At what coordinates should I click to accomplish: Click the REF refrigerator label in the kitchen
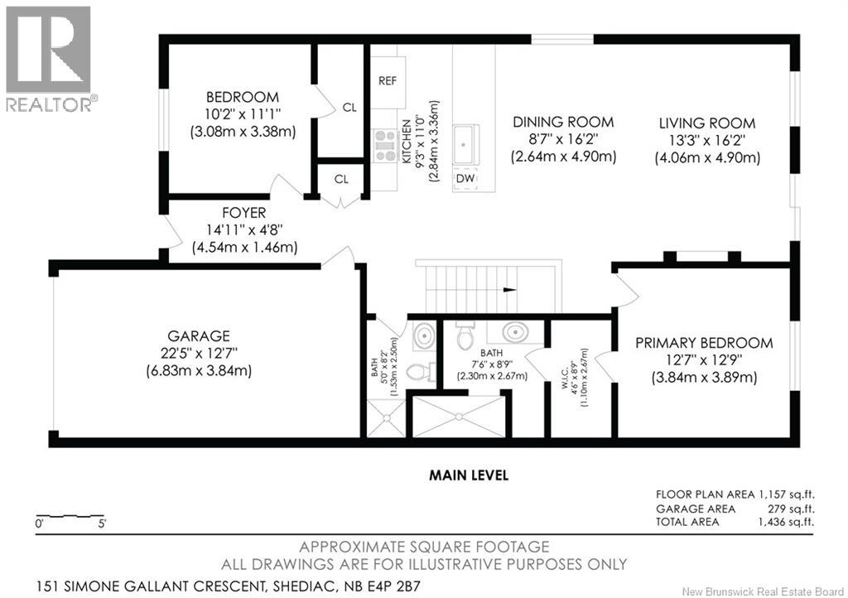coord(388,80)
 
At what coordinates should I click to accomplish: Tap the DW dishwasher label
coord(465,178)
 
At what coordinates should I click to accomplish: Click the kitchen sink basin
coord(465,144)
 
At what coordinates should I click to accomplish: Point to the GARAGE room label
coord(199,335)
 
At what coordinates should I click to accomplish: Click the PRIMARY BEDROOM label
coord(704,343)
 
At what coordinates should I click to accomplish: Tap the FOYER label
coord(244,213)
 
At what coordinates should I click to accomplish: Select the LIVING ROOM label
coord(707,123)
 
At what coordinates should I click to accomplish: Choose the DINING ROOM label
coord(563,122)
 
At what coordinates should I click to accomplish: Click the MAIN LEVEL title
coord(469,475)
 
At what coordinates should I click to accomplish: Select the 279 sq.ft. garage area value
coord(791,509)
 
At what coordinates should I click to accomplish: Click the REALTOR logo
coord(49,59)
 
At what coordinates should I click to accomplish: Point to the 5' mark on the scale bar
coord(101,523)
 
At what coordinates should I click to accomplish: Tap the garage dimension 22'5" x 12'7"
coord(199,353)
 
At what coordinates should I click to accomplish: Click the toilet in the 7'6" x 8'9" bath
coord(465,335)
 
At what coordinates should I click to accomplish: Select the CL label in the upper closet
coord(349,108)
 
